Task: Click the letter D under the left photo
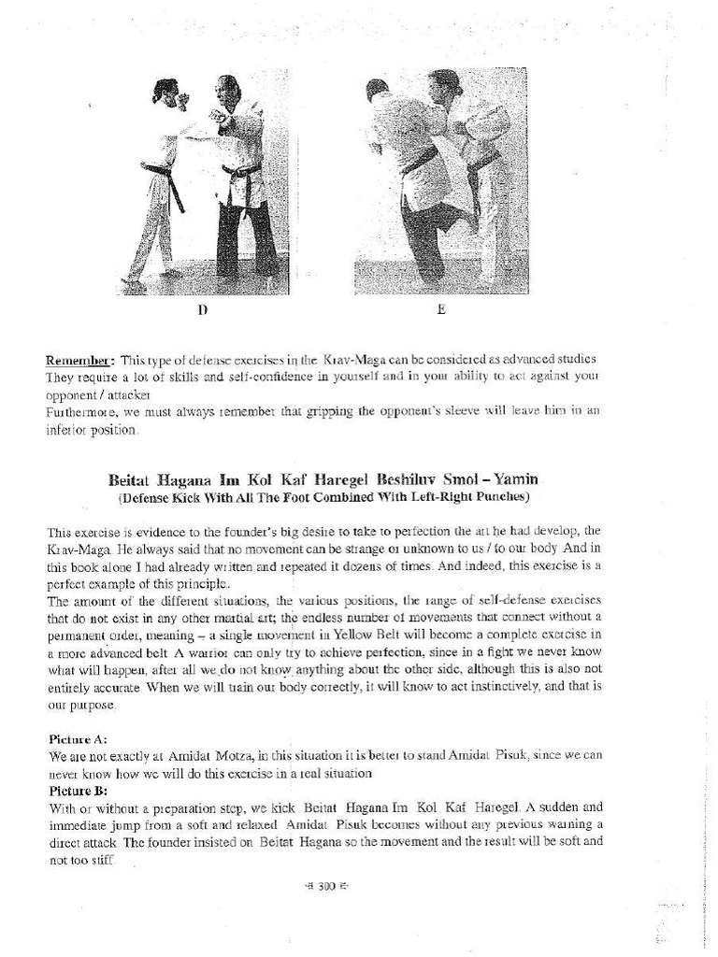[x=202, y=309]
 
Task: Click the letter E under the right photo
[x=440, y=309]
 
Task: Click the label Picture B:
[x=74, y=790]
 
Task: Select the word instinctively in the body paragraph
[x=510, y=687]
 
